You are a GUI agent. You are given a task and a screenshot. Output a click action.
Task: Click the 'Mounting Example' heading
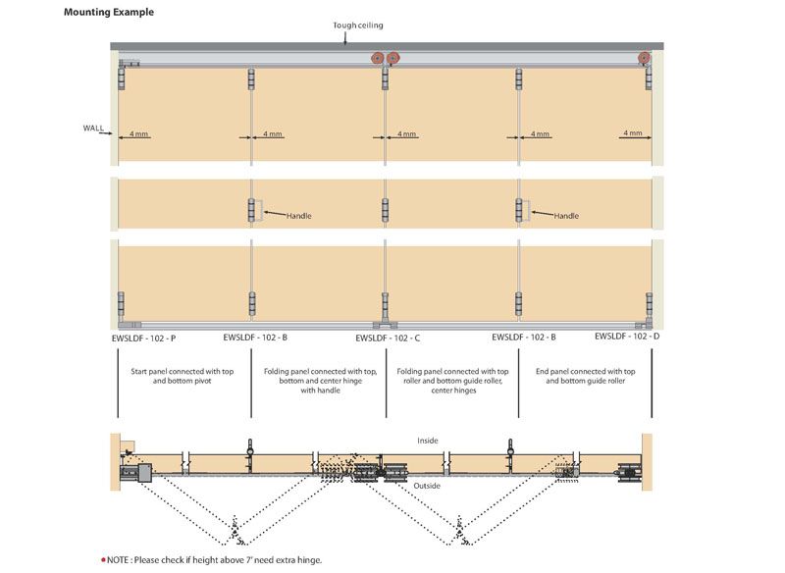[x=108, y=13]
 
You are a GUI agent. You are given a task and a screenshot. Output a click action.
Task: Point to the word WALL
[x=93, y=128]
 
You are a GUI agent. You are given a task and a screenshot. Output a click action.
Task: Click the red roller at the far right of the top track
[x=645, y=59]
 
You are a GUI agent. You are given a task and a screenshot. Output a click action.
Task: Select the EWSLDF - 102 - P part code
[x=144, y=338]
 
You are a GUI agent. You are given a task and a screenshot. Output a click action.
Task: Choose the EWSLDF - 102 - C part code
[x=388, y=338]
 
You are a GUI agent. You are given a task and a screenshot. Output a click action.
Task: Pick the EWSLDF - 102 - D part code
[x=627, y=337]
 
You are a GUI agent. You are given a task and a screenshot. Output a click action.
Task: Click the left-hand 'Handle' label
[x=299, y=216]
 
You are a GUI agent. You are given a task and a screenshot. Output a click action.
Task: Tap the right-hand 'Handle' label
[x=566, y=216]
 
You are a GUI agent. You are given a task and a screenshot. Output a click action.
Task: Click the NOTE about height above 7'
[x=214, y=559]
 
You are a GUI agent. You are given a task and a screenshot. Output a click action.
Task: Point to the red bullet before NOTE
[x=103, y=559]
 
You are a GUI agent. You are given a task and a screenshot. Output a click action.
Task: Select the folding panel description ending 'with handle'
[x=320, y=381]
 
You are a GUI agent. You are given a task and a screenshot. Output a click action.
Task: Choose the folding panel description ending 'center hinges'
[x=452, y=381]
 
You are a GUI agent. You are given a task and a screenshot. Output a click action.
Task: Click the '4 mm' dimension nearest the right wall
[x=632, y=132]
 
